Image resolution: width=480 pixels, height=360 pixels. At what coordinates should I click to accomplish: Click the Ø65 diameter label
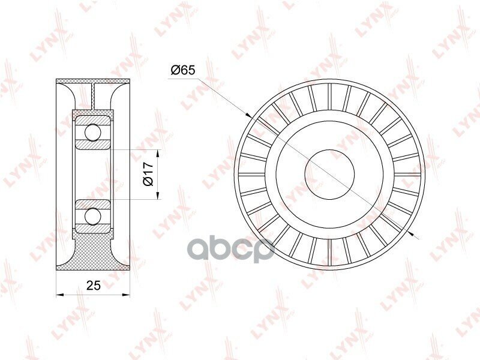tap(183, 70)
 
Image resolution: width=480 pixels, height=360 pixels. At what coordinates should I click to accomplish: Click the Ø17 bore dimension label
tap(148, 174)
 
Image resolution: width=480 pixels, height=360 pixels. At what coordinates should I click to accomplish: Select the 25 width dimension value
tap(94, 286)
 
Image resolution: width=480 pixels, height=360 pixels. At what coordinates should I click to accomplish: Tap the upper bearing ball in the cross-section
tap(93, 132)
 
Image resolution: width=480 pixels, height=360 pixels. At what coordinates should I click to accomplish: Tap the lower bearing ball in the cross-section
tap(93, 216)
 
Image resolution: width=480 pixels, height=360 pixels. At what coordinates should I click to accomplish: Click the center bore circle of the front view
tap(329, 174)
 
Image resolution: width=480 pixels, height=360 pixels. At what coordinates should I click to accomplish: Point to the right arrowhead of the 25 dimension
tap(126, 295)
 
